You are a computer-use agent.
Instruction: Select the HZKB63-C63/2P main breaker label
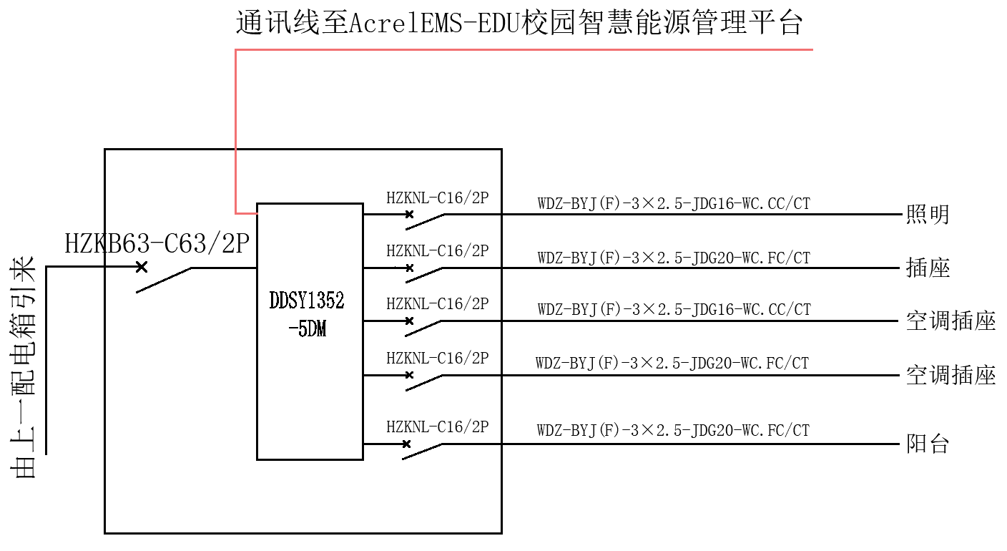[157, 244]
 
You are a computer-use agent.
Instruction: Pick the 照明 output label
[927, 214]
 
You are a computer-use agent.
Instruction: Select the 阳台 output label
[927, 444]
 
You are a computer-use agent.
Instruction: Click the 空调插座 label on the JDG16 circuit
[950, 321]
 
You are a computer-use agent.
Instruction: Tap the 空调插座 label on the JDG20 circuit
[950, 375]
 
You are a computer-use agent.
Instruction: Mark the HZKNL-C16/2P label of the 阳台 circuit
[437, 427]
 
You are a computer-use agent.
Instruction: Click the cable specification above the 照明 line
[674, 204]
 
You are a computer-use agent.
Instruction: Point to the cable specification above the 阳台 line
[673, 431]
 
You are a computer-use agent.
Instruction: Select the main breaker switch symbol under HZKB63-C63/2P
[164, 279]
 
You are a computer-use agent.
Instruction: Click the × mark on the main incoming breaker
[142, 267]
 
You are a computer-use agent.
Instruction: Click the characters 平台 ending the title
[779, 24]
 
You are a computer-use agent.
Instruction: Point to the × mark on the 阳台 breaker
[406, 444]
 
